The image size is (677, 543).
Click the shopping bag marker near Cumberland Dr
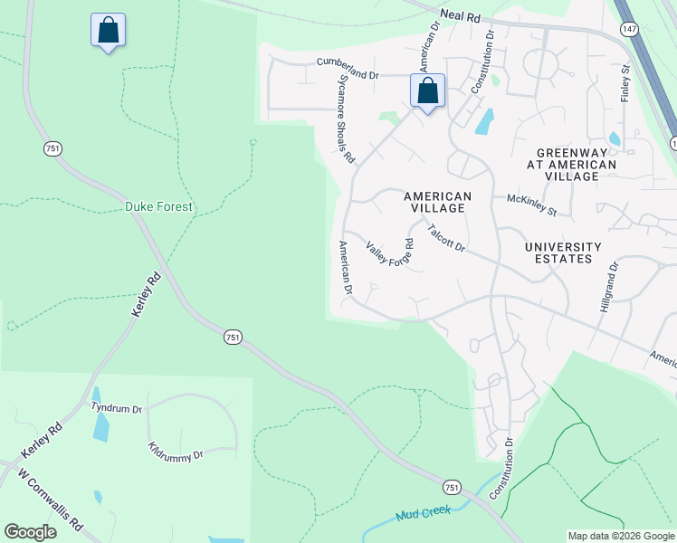click(427, 90)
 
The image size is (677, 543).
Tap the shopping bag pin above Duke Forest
click(108, 30)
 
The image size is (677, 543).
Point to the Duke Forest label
click(158, 207)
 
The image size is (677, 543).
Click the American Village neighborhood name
click(438, 202)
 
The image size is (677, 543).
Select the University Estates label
click(563, 252)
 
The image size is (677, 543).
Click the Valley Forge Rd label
click(390, 252)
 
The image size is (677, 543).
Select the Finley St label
click(625, 82)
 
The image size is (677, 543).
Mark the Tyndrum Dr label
click(117, 408)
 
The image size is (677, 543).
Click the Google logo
click(30, 532)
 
